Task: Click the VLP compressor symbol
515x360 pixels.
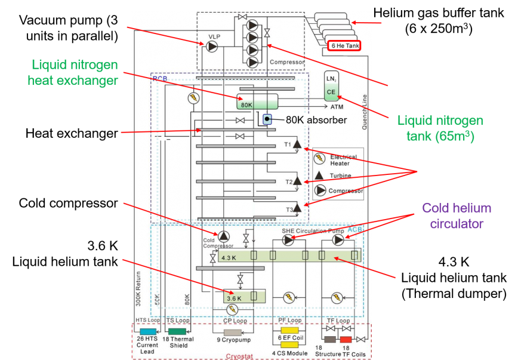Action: coord(212,47)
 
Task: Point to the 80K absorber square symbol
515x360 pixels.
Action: coord(267,119)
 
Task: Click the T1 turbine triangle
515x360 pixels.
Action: coord(297,145)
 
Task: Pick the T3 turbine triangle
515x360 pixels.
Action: coord(297,209)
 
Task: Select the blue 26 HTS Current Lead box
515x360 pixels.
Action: coord(147,331)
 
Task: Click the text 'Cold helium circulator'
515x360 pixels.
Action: coord(457,216)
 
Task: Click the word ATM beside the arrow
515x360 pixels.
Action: coord(337,107)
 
